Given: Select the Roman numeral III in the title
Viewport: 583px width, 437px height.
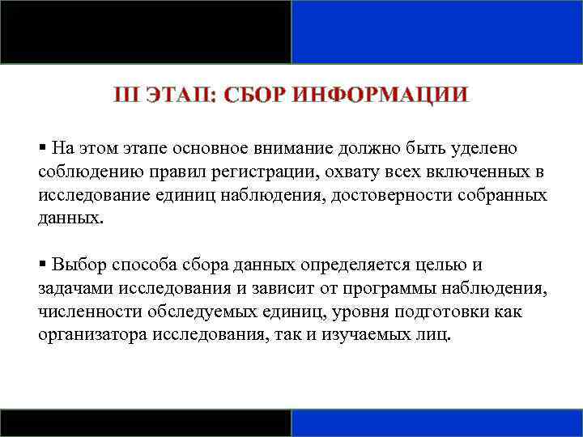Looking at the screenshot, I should click(127, 95).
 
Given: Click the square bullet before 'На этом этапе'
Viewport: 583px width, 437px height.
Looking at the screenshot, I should click(42, 148).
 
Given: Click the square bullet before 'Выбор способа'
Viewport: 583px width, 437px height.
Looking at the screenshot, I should click(42, 265).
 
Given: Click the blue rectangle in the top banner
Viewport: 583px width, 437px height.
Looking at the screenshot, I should click(436, 32).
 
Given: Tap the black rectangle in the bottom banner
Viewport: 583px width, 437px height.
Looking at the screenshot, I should click(146, 422).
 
